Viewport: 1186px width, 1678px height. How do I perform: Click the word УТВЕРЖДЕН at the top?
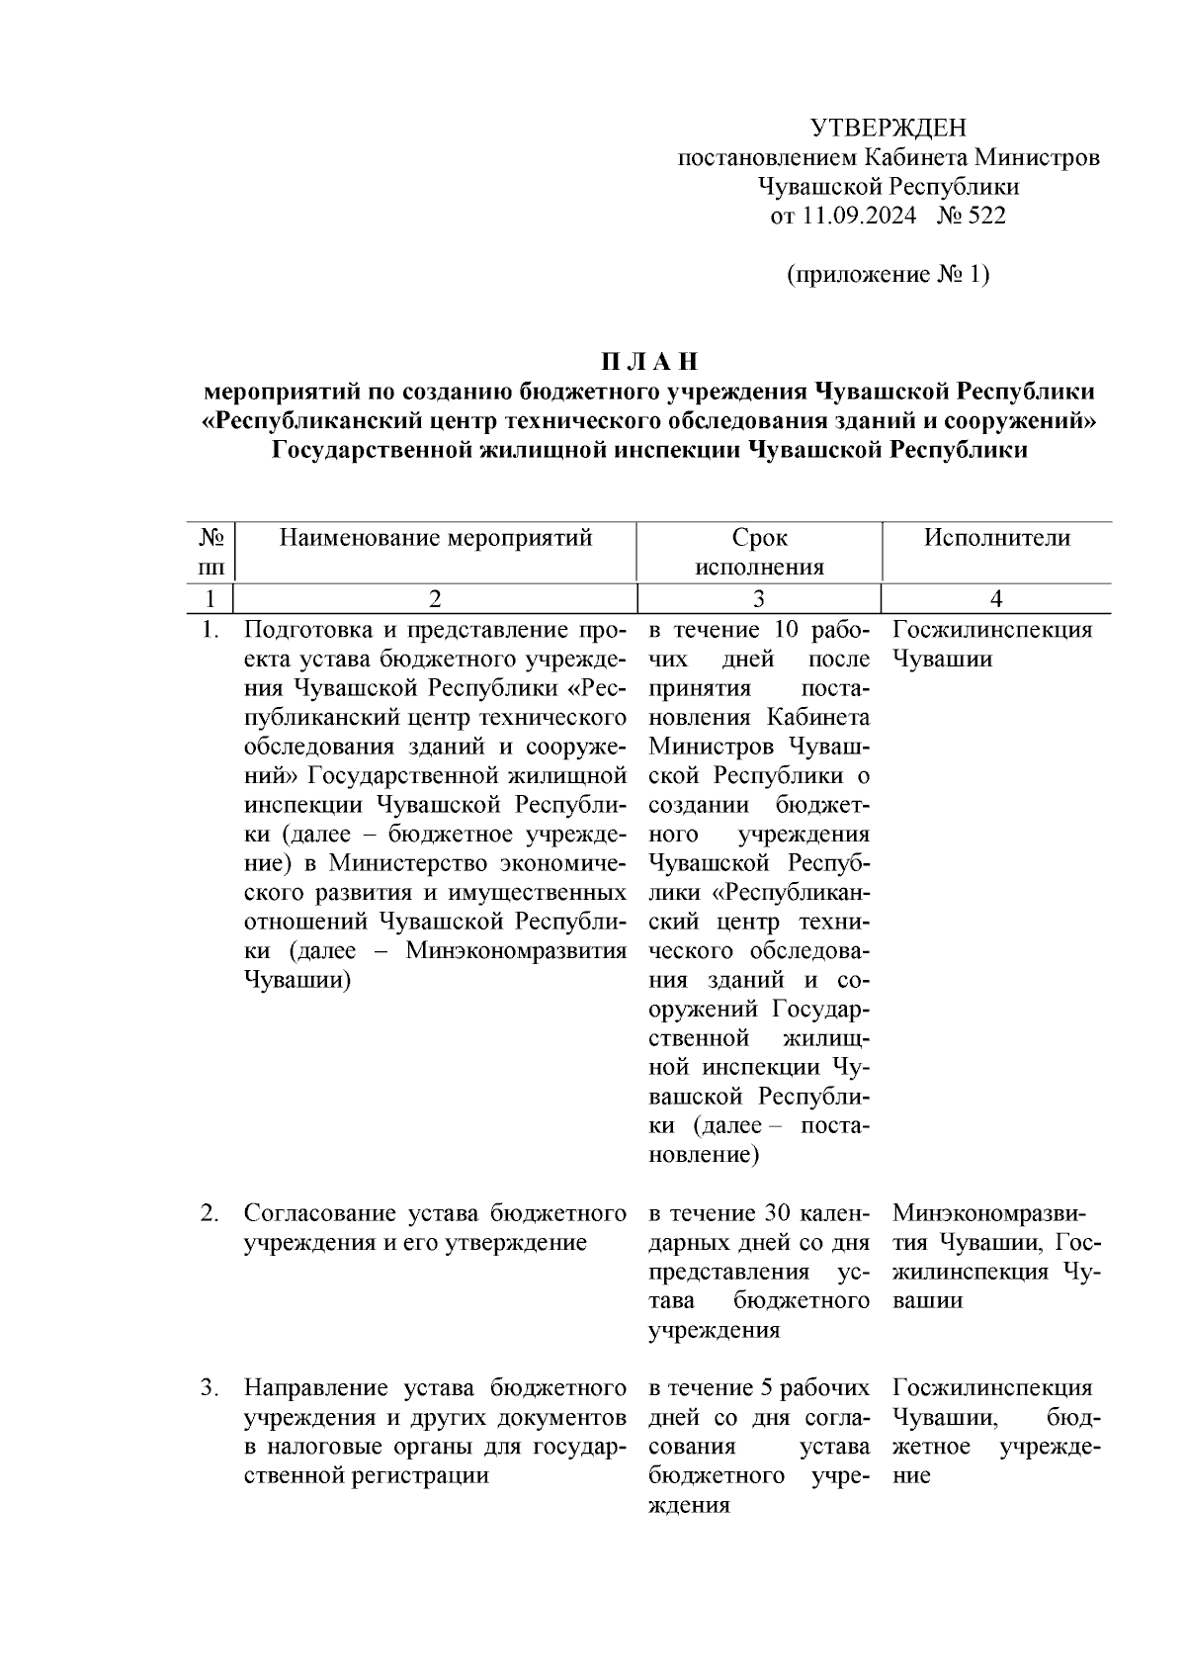pyautogui.click(x=888, y=128)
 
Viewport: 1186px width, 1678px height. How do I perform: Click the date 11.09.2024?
pyautogui.click(x=858, y=216)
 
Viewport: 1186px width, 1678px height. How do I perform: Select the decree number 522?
pyautogui.click(x=986, y=216)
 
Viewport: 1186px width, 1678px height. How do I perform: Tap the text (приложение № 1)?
pyautogui.click(x=888, y=274)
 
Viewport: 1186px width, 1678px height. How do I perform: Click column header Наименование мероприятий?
pyautogui.click(x=436, y=538)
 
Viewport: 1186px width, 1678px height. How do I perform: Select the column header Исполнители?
pyautogui.click(x=996, y=538)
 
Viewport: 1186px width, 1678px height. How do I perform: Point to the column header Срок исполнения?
pyautogui.click(x=759, y=552)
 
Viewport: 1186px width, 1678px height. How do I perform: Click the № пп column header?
pyautogui.click(x=211, y=552)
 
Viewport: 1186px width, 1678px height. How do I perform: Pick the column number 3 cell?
pyautogui.click(x=759, y=598)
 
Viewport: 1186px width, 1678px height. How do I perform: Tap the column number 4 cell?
pyautogui.click(x=996, y=598)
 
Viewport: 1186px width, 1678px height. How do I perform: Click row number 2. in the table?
pyautogui.click(x=210, y=1213)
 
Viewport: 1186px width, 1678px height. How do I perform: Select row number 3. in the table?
pyautogui.click(x=210, y=1388)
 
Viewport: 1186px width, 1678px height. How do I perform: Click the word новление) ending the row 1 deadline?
pyautogui.click(x=704, y=1155)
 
